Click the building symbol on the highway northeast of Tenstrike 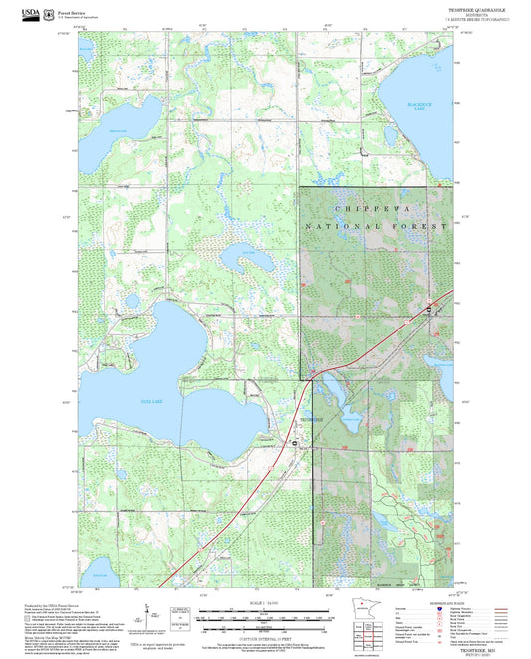click(x=428, y=309)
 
